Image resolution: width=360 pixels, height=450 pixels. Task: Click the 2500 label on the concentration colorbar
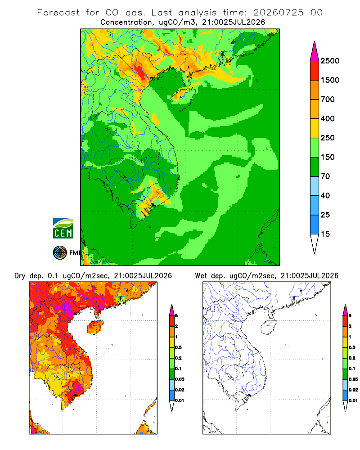pyautogui.click(x=330, y=61)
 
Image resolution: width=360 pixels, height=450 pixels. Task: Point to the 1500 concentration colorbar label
pyautogui.click(x=330, y=80)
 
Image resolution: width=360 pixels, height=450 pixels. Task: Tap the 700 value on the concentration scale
pyautogui.click(x=328, y=99)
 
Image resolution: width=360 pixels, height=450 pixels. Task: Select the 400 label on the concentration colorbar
pyautogui.click(x=328, y=118)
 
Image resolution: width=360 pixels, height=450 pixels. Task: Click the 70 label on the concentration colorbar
pyautogui.click(x=325, y=176)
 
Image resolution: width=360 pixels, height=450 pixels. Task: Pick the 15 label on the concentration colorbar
pyautogui.click(x=325, y=234)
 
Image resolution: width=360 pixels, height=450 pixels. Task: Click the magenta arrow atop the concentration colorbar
pyautogui.click(x=315, y=51)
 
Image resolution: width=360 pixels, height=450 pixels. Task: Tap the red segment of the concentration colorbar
pyautogui.click(x=315, y=71)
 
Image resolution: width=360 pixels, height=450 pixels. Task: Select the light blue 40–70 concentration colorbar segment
pyautogui.click(x=315, y=186)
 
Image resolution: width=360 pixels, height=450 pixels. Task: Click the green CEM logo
pyautogui.click(x=63, y=229)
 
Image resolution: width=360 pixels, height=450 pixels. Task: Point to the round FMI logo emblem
pyautogui.click(x=60, y=253)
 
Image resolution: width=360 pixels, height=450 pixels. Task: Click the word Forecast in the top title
pyautogui.click(x=58, y=13)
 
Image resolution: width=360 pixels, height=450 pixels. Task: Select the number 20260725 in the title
pyautogui.click(x=279, y=13)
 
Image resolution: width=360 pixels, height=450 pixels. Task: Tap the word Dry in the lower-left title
pyautogui.click(x=20, y=276)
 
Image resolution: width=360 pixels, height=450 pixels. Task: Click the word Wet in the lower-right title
pyautogui.click(x=201, y=276)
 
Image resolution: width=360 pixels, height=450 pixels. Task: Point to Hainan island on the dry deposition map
pyautogui.click(x=95, y=327)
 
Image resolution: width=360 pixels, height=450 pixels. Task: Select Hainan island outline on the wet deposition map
pyautogui.click(x=269, y=327)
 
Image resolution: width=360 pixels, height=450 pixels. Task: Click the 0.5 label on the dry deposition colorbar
pyautogui.click(x=178, y=347)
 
